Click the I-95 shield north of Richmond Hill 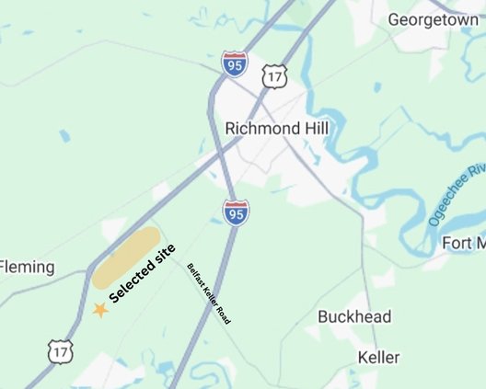[235, 64]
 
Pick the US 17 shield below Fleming [61, 349]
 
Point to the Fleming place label [27, 268]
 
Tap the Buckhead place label [354, 317]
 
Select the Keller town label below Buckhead [378, 357]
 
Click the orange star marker [99, 310]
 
